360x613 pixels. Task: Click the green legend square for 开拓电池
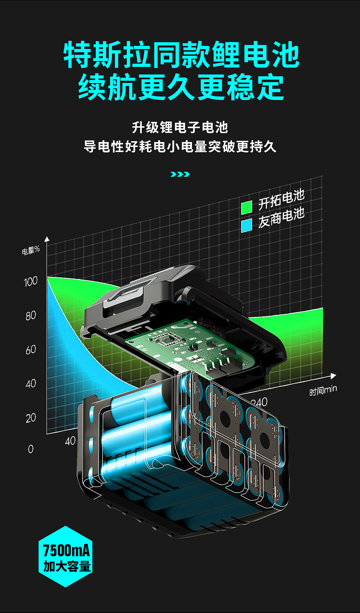(247, 207)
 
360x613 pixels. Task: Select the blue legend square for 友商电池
(247, 226)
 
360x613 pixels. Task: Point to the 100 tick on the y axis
(31, 281)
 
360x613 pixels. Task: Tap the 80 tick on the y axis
(31, 315)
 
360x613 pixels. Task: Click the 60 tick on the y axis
(31, 350)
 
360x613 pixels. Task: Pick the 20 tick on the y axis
(31, 418)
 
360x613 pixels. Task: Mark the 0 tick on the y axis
(31, 449)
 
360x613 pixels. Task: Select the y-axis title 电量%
(31, 250)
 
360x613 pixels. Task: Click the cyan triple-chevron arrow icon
(180, 174)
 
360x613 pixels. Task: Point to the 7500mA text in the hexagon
(66, 550)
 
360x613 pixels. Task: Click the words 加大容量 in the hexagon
(67, 566)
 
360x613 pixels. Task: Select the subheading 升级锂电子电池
(180, 128)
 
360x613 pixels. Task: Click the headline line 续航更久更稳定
(181, 87)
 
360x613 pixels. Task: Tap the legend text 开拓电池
(281, 200)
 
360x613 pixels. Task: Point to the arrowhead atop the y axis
(47, 239)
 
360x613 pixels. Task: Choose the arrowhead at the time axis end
(333, 376)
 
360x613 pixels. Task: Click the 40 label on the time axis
(70, 441)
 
